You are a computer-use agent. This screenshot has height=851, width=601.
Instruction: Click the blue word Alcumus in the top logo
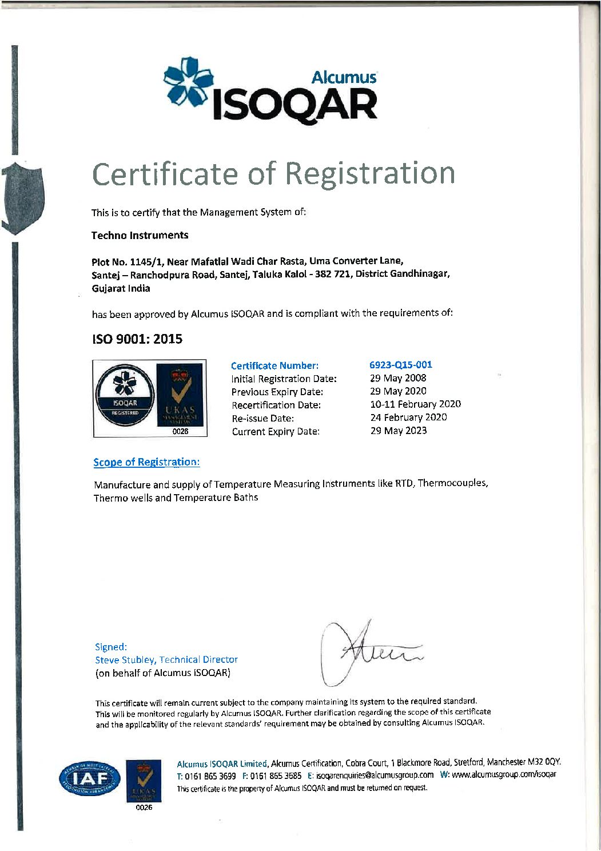pyautogui.click(x=344, y=77)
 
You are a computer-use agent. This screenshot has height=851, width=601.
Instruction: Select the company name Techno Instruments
pyautogui.click(x=140, y=235)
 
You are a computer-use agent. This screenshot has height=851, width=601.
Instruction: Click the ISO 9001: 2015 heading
pyautogui.click(x=137, y=339)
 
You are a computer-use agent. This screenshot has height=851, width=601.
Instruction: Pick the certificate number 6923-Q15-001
pyautogui.click(x=401, y=364)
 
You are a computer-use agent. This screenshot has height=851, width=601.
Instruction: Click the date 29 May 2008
pyautogui.click(x=398, y=378)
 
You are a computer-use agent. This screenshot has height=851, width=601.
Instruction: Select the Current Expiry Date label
pyautogui.click(x=275, y=432)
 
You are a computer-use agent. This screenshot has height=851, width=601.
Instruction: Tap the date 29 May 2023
pyautogui.click(x=398, y=431)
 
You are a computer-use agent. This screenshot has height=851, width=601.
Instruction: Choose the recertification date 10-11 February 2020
pyautogui.click(x=415, y=404)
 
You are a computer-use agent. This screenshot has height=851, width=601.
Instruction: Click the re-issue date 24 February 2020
pyautogui.click(x=408, y=417)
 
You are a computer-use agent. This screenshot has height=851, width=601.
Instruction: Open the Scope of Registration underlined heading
pyautogui.click(x=146, y=462)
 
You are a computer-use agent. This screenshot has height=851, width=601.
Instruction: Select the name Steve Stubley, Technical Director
pyautogui.click(x=166, y=659)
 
